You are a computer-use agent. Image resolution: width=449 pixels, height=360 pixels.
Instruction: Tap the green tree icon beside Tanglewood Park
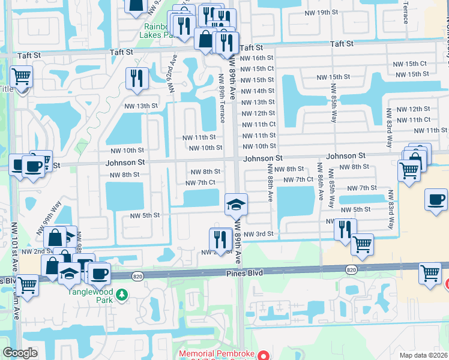click(x=122, y=295)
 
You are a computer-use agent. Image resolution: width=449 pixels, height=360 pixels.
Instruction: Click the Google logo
click(x=20, y=353)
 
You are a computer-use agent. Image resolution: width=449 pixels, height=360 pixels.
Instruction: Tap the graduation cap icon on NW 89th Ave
click(x=236, y=204)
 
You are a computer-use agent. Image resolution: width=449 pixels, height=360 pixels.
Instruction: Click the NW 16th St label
click(x=257, y=58)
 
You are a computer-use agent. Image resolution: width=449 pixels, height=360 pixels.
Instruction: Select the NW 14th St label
click(x=257, y=91)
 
